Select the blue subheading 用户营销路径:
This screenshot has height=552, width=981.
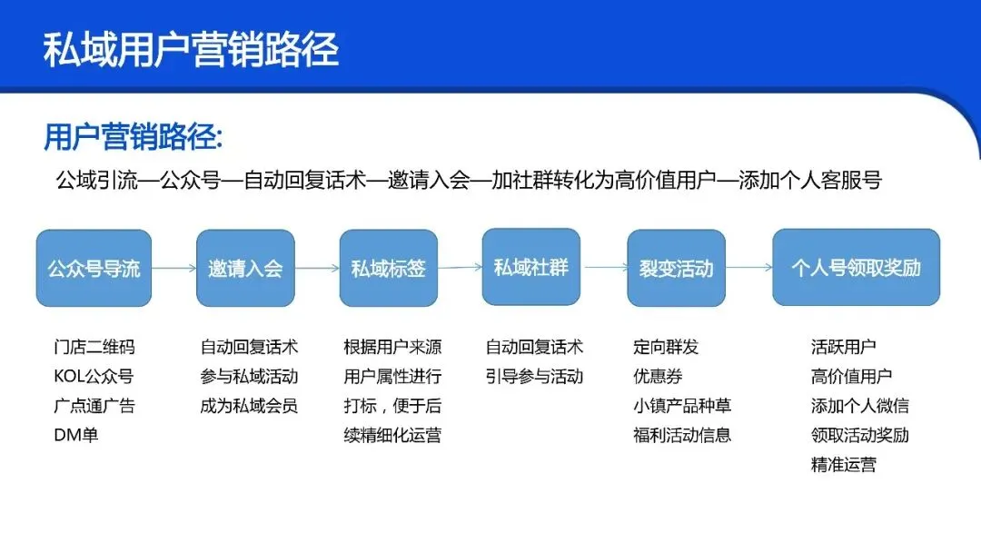134,138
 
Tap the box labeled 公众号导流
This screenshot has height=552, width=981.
94,268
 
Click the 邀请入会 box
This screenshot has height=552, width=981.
245,268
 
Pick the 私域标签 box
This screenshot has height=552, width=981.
388,268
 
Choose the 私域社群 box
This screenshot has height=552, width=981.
530,267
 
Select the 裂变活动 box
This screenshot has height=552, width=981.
676,268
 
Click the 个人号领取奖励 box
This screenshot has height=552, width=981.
856,268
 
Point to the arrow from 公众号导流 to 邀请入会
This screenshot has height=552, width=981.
174,268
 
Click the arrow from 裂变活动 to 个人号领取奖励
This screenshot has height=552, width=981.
748,268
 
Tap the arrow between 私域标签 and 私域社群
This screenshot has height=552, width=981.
460,268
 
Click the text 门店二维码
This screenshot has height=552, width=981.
94,347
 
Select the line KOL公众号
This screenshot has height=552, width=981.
94,376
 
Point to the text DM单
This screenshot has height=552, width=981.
76,435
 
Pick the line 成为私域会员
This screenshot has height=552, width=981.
249,405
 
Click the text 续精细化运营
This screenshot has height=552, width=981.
392,435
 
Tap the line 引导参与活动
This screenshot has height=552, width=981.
534,376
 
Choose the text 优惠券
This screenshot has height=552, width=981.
658,376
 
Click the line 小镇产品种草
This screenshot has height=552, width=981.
682,405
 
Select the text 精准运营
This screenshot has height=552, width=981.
844,465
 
